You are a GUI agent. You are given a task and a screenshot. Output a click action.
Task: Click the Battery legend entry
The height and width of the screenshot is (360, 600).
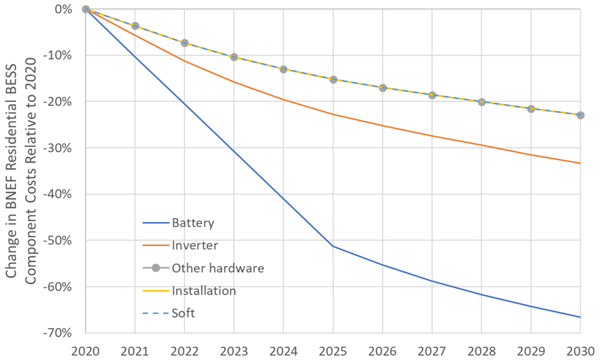coord(193,223)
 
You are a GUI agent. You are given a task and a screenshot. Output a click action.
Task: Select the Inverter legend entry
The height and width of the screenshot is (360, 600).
coord(195,245)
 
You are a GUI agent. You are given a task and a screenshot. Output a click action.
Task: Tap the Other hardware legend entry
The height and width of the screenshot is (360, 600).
coord(217,268)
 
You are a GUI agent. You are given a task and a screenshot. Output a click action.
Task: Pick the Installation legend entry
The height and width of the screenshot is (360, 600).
coord(203,291)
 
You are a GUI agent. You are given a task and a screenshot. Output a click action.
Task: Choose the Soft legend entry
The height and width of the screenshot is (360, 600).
coord(183,313)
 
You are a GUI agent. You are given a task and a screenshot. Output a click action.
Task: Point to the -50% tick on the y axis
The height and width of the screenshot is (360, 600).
coord(61,240)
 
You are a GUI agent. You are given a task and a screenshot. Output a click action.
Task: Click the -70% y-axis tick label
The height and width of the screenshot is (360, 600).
coord(61,333)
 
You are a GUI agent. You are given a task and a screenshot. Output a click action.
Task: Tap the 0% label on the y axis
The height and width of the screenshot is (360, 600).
coord(65,9)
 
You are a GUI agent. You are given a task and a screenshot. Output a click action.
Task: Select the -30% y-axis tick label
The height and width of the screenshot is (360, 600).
coord(61,148)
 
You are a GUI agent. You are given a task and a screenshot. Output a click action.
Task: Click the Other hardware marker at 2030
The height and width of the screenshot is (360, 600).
coord(580,115)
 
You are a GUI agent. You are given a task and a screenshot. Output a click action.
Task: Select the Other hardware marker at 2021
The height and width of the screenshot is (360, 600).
coord(135,26)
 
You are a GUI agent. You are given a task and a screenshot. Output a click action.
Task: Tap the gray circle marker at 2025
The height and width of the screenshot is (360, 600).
coord(333,79)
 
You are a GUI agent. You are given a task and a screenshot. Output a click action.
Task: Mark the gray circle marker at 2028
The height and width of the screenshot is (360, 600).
coord(481,102)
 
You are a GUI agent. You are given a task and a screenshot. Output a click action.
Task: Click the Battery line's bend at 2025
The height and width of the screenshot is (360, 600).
coord(333,246)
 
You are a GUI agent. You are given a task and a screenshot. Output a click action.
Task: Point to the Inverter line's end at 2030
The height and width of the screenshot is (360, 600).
coord(580,163)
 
